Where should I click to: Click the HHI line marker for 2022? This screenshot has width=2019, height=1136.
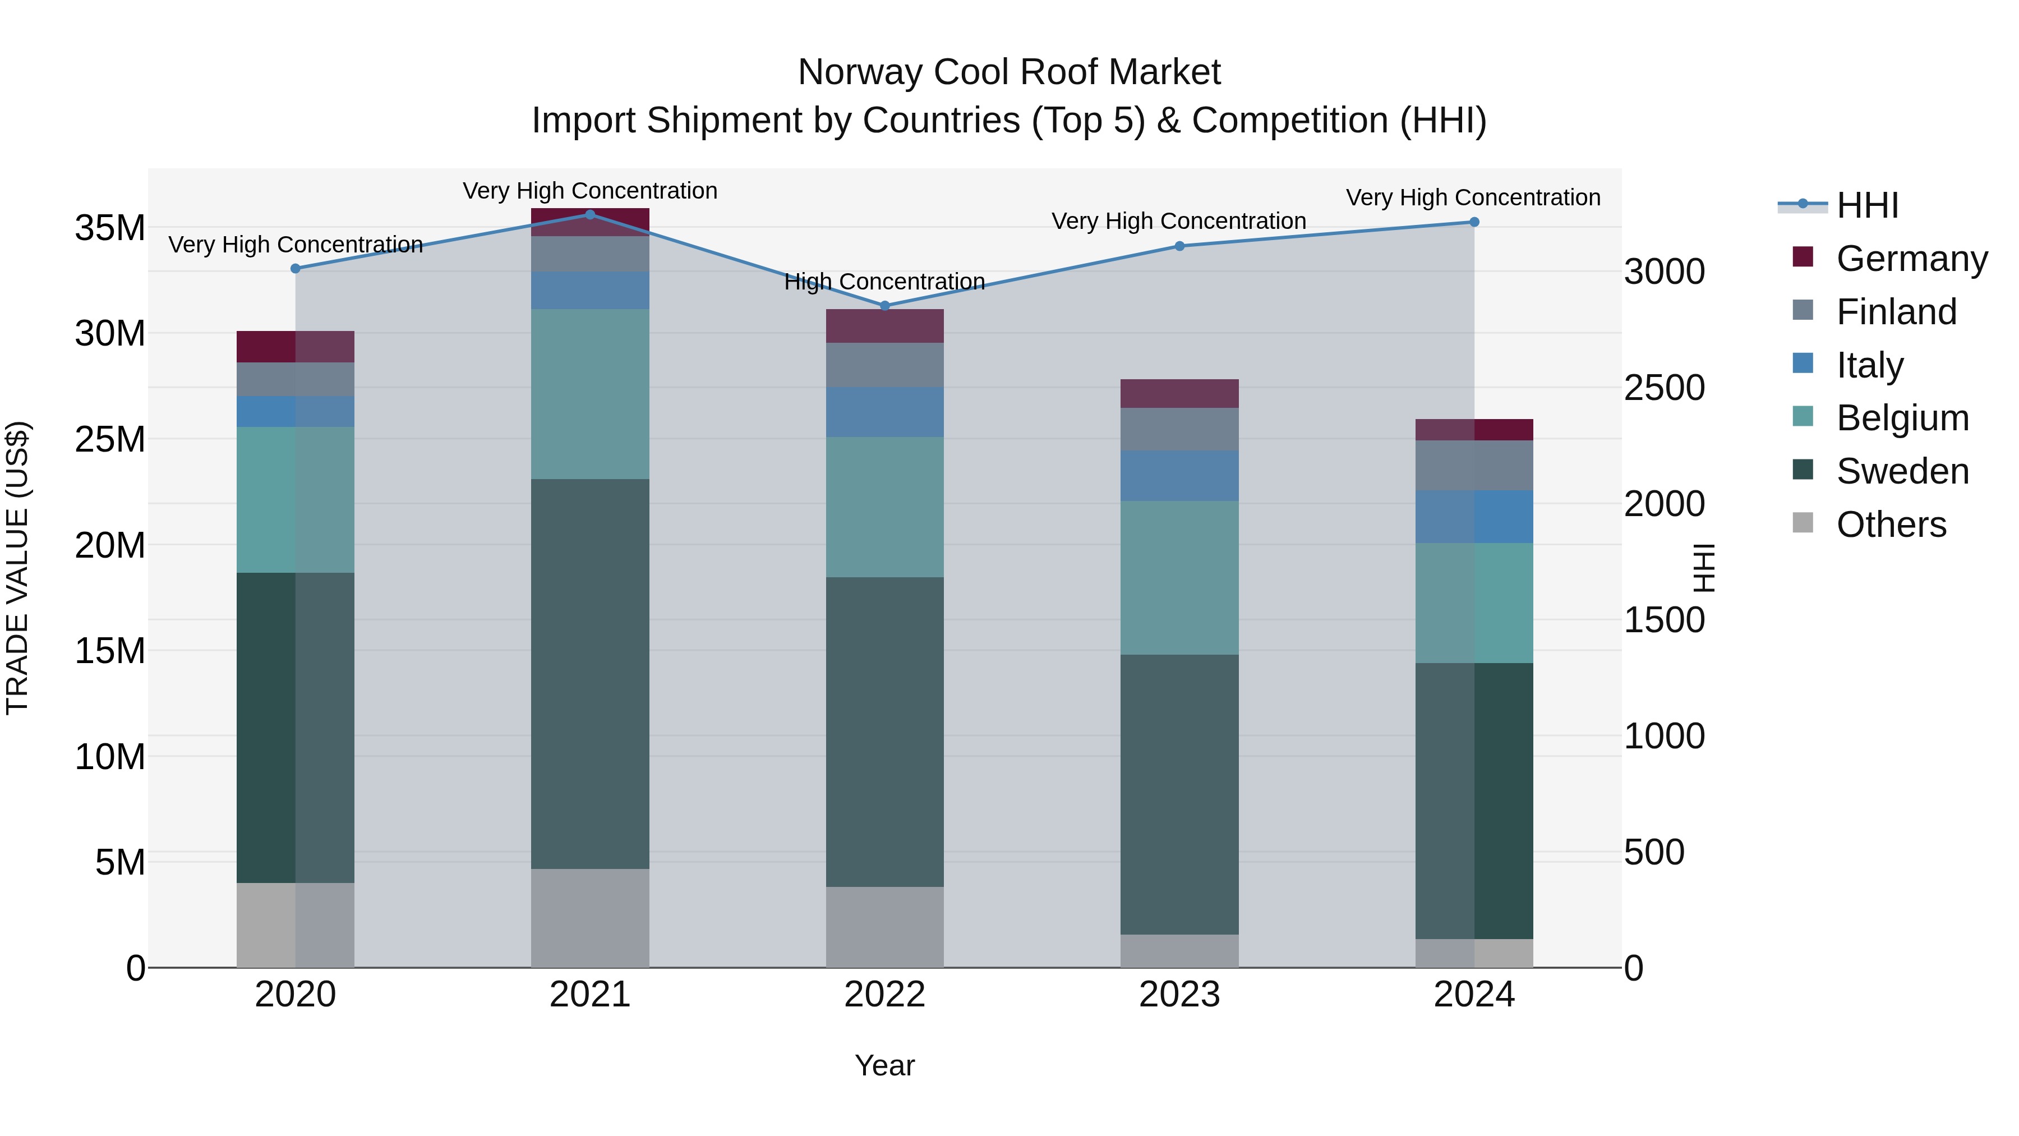[x=885, y=306]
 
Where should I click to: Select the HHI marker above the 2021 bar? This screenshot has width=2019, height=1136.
[x=590, y=214]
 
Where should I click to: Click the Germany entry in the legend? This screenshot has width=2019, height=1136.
[x=1911, y=258]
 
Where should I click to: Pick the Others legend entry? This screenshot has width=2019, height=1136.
[x=1891, y=524]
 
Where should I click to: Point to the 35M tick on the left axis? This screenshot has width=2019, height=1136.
[x=110, y=228]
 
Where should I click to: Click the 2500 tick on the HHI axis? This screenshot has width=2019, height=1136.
[x=1664, y=387]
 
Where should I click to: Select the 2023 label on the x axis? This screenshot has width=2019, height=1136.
[x=1179, y=994]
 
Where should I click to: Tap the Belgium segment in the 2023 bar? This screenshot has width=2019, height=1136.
[x=1179, y=577]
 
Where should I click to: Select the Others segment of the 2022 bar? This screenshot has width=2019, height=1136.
[x=885, y=927]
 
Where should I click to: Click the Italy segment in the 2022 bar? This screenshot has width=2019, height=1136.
[x=885, y=412]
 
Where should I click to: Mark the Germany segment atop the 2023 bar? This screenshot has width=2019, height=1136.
[x=1179, y=394]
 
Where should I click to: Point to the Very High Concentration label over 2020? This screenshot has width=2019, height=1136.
[x=296, y=245]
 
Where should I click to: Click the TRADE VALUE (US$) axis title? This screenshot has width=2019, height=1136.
[x=17, y=568]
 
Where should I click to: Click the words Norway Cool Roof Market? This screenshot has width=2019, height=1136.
[x=1009, y=72]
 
